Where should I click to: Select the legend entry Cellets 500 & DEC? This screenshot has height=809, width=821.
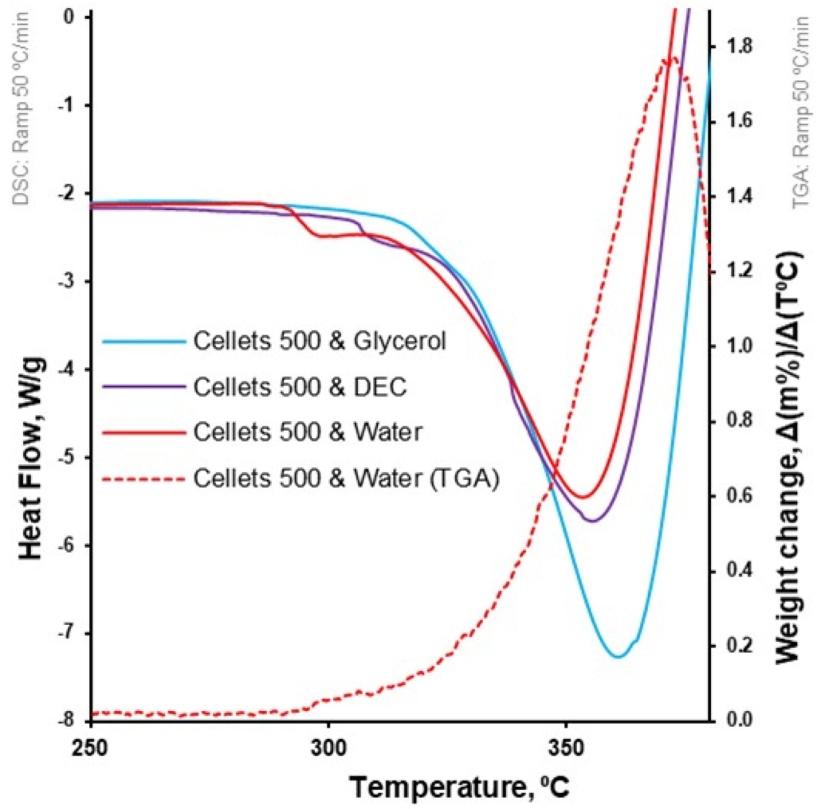coord(300,388)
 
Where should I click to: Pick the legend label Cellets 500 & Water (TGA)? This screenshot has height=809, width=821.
coord(346,479)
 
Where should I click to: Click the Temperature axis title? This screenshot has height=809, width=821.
coord(460,788)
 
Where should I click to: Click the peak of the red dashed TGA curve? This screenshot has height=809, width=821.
coord(671,57)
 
